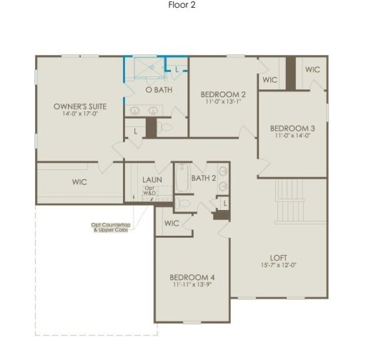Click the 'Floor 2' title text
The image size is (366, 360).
pos(182,5)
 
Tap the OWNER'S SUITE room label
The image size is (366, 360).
pos(80,106)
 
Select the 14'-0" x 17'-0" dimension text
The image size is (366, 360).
pos(80,114)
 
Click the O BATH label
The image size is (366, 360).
pos(159,91)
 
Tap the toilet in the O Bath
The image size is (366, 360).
pos(166,127)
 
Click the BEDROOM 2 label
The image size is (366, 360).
pos(223,94)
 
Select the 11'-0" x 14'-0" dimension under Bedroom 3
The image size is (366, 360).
pos(292,135)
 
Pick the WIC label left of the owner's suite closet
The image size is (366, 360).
pos(79,182)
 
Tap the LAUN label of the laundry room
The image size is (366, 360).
pos(151,180)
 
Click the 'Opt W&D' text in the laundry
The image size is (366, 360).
pos(149,190)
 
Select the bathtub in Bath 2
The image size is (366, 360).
pos(182,180)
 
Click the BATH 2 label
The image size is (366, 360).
pos(204,177)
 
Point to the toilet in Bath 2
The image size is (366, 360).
pos(184,204)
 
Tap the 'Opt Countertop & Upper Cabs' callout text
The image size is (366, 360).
pos(109,228)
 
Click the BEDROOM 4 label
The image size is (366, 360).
pos(192,277)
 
